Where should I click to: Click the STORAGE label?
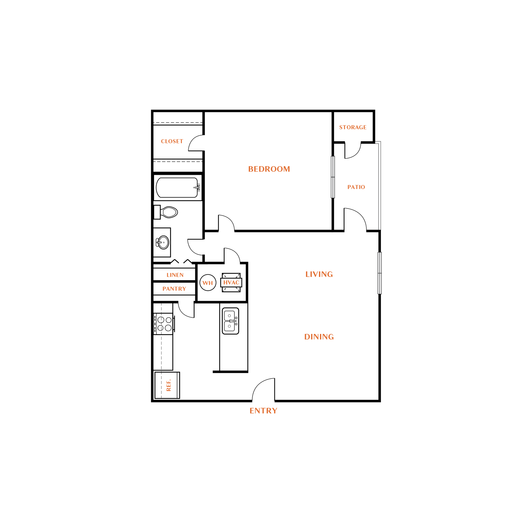[353, 127]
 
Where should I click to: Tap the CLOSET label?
[172, 141]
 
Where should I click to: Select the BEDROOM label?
[269, 169]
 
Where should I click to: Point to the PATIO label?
[356, 187]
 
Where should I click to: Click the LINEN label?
[175, 275]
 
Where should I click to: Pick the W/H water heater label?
[207, 283]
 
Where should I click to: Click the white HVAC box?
[231, 283]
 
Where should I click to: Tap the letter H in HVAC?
[225, 283]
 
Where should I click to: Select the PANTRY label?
[174, 289]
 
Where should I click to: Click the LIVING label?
[319, 274]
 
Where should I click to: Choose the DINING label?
[319, 337]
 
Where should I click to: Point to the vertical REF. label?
[169, 385]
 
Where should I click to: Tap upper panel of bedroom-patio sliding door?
[333, 166]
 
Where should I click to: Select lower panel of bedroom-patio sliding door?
[333, 187]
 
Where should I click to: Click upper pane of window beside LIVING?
[380, 263]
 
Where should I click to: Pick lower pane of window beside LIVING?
[380, 284]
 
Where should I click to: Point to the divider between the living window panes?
[380, 273]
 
